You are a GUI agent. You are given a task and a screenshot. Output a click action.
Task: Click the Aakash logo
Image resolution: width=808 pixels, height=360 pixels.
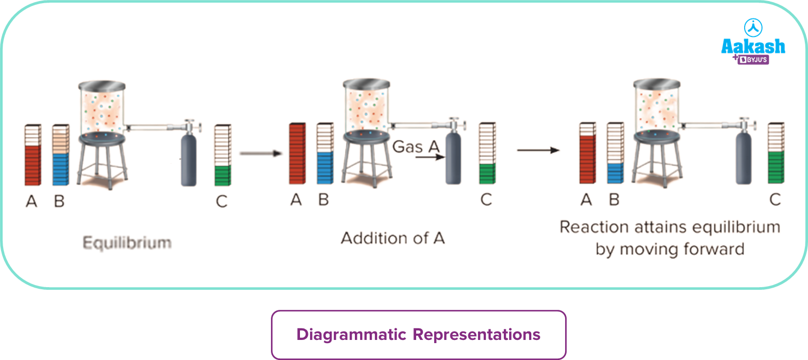[753, 42]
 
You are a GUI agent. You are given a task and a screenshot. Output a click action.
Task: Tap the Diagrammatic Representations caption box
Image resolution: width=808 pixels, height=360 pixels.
[418, 335]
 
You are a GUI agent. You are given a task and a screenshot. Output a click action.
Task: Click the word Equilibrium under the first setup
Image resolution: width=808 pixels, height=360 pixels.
[127, 243]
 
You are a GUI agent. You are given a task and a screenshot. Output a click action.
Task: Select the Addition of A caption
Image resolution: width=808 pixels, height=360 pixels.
[393, 238]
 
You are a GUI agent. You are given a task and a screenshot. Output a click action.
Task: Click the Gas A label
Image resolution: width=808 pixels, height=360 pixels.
[416, 146]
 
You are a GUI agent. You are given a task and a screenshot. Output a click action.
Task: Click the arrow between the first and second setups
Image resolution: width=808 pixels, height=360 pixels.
[258, 154]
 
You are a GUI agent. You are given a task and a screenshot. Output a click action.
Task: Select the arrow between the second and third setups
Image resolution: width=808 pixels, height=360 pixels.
[538, 150]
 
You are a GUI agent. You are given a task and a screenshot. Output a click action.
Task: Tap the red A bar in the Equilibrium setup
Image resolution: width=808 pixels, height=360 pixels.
[32, 165]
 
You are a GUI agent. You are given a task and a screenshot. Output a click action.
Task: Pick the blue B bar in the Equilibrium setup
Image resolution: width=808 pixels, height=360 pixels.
[60, 169]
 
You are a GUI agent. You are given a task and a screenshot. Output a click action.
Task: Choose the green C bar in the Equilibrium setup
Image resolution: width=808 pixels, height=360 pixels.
[222, 175]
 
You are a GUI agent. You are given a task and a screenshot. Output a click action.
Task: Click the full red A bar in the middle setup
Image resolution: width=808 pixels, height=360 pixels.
[297, 154]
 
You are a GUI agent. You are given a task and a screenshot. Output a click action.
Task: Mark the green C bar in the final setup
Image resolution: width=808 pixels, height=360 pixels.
[775, 167]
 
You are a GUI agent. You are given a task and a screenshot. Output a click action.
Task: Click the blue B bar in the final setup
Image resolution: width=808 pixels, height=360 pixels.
[615, 173]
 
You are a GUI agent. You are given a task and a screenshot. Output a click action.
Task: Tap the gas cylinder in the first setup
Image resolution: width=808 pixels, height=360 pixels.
[189, 161]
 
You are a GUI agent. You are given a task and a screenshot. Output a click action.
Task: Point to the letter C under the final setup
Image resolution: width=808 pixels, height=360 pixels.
[775, 200]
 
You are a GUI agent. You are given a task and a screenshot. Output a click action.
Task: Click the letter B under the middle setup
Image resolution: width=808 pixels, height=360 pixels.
[324, 200]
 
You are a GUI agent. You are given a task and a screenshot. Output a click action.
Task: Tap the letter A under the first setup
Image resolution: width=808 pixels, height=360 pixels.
[32, 201]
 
